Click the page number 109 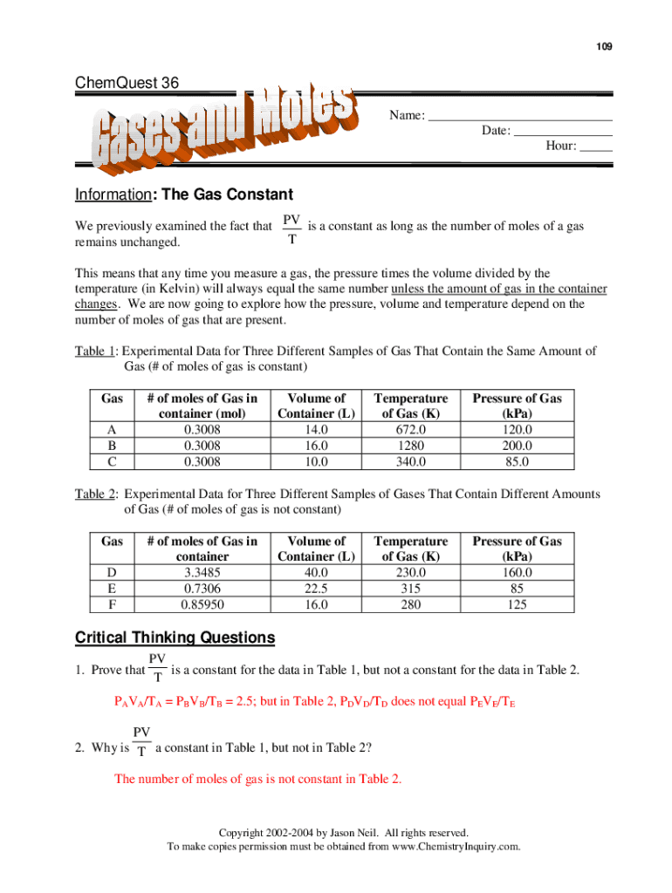[x=604, y=44]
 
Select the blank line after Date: [x=563, y=131]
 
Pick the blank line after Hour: [x=596, y=146]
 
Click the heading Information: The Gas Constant [x=183, y=194]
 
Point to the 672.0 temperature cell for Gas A [x=410, y=430]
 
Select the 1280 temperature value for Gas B [x=410, y=446]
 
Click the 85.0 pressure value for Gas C [x=517, y=461]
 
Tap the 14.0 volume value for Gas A [x=316, y=430]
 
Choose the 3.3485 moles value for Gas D [x=202, y=572]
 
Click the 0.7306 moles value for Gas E [x=202, y=588]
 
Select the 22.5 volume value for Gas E [x=316, y=588]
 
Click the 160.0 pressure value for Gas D [x=517, y=572]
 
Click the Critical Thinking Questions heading [x=175, y=638]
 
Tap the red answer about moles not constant [x=258, y=779]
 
